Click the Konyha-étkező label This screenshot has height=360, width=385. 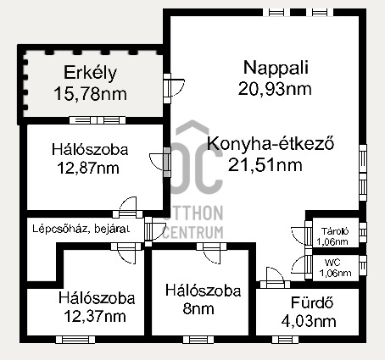[x=265, y=144]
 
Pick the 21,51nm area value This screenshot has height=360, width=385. [x=265, y=164]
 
